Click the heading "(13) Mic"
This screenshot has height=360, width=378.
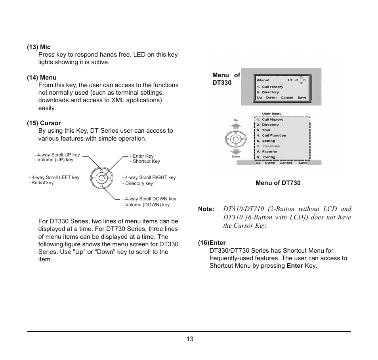[x=39, y=47]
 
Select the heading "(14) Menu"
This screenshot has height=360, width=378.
[x=42, y=78]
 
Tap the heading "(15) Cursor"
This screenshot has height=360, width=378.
[x=44, y=123]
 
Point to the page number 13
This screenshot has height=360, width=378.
[x=190, y=339]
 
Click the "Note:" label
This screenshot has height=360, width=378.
[x=206, y=209]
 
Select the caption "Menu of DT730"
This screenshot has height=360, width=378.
[x=278, y=183]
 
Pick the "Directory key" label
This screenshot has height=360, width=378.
[x=137, y=183]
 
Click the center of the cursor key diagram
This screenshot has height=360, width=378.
[x=101, y=178]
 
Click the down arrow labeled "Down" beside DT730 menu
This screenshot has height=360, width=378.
[x=236, y=152]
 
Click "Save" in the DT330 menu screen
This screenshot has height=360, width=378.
[x=302, y=97]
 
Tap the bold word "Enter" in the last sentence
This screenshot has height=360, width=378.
[x=295, y=266]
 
